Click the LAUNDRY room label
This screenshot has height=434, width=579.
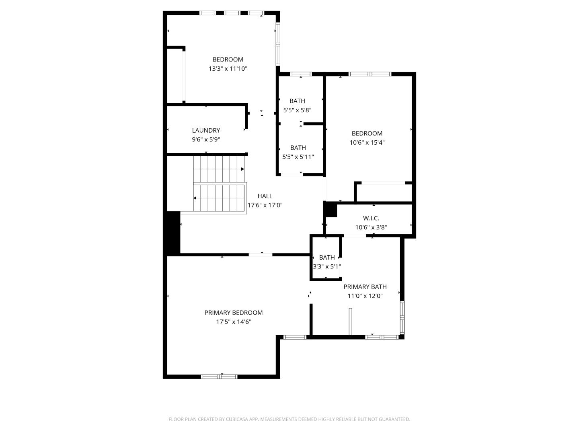(206, 130)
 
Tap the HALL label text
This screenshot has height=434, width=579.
(265, 196)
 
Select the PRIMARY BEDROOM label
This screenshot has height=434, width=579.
(234, 313)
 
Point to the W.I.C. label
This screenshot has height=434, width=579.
(371, 218)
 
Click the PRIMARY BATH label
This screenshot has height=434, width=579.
(365, 287)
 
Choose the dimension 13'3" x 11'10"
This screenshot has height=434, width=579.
(228, 69)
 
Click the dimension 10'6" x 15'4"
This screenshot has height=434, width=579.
(367, 142)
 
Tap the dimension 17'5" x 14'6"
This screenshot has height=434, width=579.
(234, 322)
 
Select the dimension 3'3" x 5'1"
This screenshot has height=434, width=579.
(327, 266)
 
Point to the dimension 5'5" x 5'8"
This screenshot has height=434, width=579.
(298, 110)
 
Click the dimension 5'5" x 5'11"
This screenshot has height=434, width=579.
(298, 157)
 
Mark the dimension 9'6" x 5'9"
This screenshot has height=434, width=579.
(206, 139)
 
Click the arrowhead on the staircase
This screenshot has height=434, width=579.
(195, 198)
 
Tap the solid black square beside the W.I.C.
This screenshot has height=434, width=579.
(331, 210)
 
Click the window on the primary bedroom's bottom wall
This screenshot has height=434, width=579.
(219, 377)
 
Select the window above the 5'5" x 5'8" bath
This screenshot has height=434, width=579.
(301, 74)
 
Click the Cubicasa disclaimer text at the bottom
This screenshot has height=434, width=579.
(289, 420)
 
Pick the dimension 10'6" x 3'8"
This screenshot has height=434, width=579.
(371, 227)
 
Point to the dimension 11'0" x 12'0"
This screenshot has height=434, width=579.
(365, 296)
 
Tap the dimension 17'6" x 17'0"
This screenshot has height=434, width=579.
(265, 205)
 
